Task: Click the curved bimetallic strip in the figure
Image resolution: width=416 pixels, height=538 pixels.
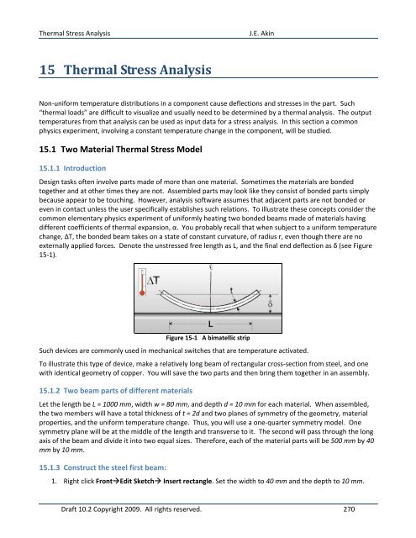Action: coord(208,323)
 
